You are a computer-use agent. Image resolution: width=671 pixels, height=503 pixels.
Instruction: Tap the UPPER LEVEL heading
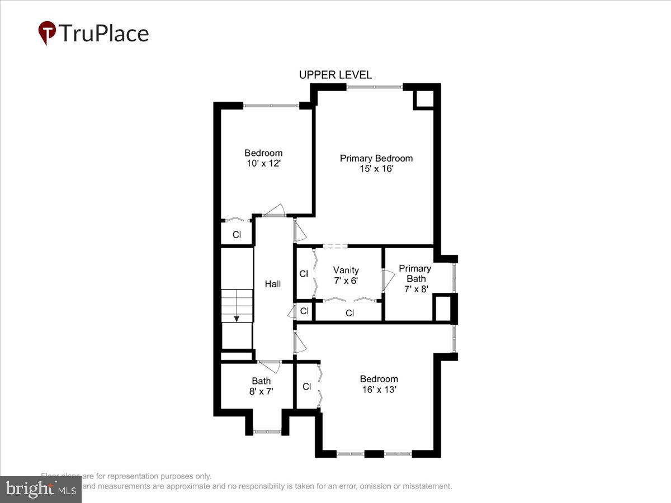pos(335,75)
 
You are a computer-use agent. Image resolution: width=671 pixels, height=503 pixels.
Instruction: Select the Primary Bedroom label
pos(376,158)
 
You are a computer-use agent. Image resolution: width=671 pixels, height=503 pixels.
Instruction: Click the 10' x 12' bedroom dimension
pos(263,164)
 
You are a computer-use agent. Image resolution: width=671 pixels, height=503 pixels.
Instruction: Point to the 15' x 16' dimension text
pos(376,169)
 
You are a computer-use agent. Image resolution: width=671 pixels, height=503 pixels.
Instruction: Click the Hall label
pos(273,284)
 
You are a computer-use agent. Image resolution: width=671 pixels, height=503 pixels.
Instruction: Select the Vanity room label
pos(346,270)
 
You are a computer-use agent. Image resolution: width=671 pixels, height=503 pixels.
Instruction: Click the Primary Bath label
pos(415,273)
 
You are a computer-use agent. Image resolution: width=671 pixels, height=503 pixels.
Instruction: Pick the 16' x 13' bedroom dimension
pos(379,390)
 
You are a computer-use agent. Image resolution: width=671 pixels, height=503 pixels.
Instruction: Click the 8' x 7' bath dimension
pos(261,392)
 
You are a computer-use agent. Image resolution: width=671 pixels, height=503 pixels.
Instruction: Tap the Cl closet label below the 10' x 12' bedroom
pos(237,235)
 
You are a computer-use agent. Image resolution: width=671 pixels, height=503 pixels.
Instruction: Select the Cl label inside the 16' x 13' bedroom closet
pos(306,386)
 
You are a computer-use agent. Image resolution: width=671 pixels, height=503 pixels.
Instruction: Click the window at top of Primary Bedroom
pos(375,87)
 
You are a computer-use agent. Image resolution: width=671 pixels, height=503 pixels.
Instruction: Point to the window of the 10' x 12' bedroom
pos(271,105)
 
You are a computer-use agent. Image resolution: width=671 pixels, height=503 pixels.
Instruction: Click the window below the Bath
pos(267,431)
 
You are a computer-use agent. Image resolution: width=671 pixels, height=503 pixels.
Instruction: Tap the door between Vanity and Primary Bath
pos(385,279)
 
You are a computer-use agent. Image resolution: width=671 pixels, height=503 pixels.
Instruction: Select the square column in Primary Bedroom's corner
pos(423,99)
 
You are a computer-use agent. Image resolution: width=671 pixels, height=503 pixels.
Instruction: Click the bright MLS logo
pos(40,489)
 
